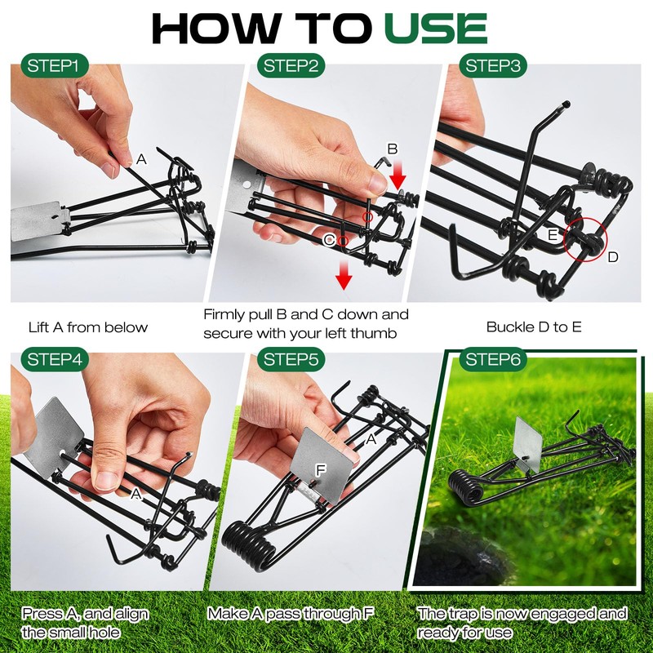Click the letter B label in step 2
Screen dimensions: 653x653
tap(392, 149)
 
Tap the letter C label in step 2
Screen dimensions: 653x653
tap(328, 240)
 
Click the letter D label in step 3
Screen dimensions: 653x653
tap(612, 257)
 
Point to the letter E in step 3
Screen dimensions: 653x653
tap(553, 234)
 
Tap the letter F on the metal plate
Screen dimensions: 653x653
tap(321, 471)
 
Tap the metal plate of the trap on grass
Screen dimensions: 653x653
tap(528, 446)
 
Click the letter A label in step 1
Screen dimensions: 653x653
tap(141, 160)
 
